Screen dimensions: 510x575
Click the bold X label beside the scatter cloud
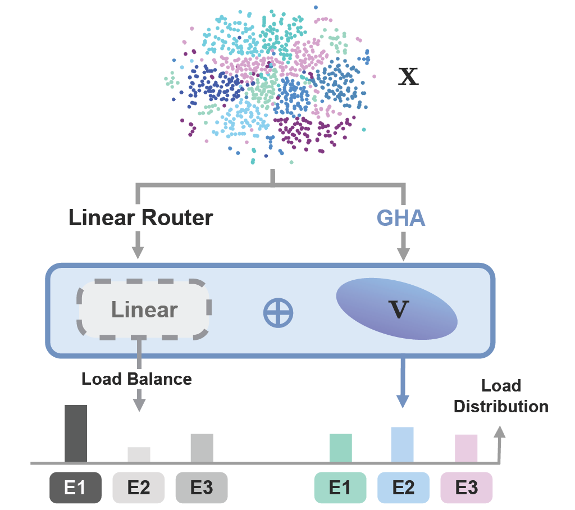pos(408,77)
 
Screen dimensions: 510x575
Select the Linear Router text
pos(140,218)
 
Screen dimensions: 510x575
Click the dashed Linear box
pos(145,310)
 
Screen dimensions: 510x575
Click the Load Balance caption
pos(136,379)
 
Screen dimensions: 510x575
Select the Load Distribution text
pos(501,396)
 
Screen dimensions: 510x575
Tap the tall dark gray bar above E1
pos(76,434)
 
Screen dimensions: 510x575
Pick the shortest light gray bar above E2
pos(139,455)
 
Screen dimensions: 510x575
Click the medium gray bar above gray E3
pos(202,448)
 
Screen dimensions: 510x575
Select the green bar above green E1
pos(340,448)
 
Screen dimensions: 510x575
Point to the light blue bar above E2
pos(402,445)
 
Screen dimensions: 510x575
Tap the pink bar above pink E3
pos(466,448)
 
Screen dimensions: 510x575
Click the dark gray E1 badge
pos(76,488)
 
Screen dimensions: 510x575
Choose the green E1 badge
pos(340,488)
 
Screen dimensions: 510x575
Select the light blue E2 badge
pos(403,488)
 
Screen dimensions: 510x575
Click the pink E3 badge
pos(466,488)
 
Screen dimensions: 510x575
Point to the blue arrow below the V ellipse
pos(403,382)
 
